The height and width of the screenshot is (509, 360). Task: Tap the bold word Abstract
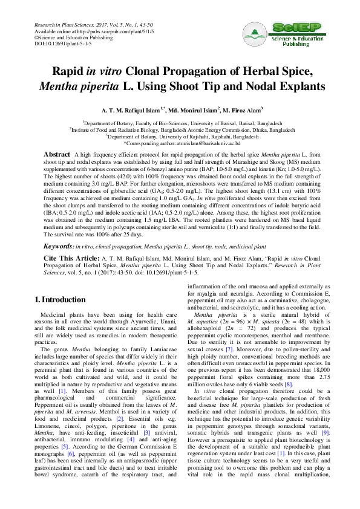tap(57, 155)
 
